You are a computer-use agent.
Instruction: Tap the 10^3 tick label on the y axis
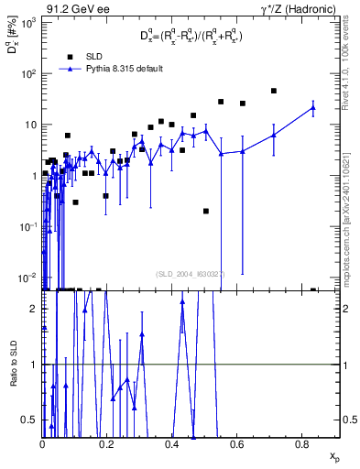(x=27, y=22)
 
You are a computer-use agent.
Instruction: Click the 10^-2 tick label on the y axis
(x=27, y=277)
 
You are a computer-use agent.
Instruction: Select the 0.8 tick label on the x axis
(x=302, y=443)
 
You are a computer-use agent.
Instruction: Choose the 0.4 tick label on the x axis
(x=172, y=443)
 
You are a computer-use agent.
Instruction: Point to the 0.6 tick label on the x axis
(x=237, y=443)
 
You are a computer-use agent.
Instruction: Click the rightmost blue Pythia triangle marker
(x=313, y=107)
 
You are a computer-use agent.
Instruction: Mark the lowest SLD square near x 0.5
(x=206, y=211)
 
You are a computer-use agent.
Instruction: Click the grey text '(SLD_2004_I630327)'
(x=191, y=273)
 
